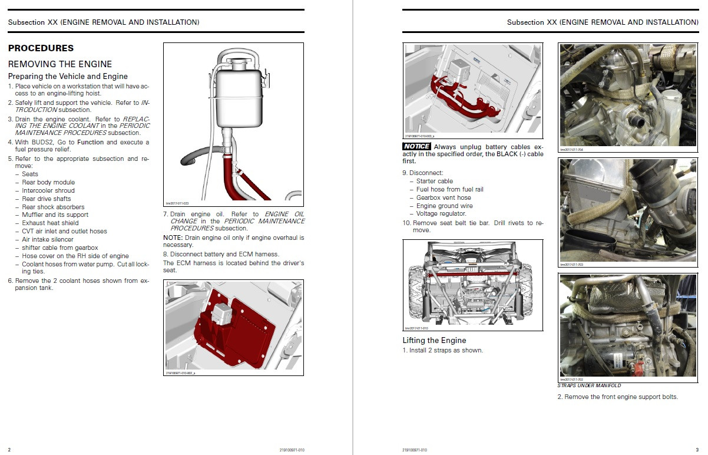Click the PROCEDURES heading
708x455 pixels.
click(41, 48)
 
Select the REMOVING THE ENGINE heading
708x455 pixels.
click(59, 64)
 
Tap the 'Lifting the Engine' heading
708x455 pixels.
click(434, 340)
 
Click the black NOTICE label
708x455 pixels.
click(416, 146)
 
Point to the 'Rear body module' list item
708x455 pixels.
click(48, 182)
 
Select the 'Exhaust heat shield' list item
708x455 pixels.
click(50, 223)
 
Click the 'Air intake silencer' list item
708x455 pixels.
click(48, 239)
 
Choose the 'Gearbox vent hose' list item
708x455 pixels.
click(444, 197)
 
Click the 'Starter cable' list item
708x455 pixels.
click(435, 181)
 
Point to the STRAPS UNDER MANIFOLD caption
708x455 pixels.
click(589, 385)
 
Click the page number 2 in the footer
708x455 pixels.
click(9, 450)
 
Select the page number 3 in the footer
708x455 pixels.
click(697, 450)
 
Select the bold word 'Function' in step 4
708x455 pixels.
click(90, 142)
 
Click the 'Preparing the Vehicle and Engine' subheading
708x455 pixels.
click(68, 77)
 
